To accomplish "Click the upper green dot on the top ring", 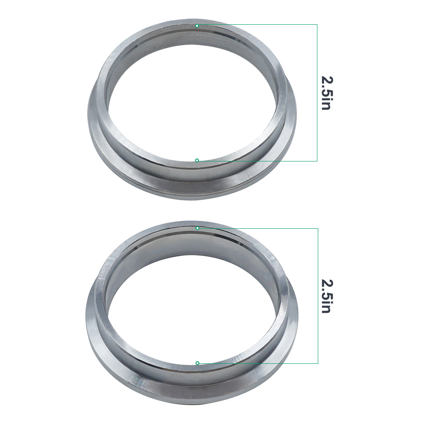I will click(x=197, y=26).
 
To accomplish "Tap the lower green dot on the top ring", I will click(x=197, y=160).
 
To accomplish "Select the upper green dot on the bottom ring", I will click(x=197, y=228).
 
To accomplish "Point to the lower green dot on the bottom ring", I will click(x=197, y=363).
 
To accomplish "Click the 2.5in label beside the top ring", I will click(x=326, y=93).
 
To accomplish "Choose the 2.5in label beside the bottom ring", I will click(x=326, y=296).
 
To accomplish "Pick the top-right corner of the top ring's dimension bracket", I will click(x=317, y=24).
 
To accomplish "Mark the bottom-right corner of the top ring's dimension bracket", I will click(x=317, y=161).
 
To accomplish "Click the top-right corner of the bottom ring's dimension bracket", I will click(x=318, y=228).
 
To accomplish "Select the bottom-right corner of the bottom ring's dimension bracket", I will click(x=318, y=363).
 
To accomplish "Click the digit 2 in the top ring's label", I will click(x=326, y=80).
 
